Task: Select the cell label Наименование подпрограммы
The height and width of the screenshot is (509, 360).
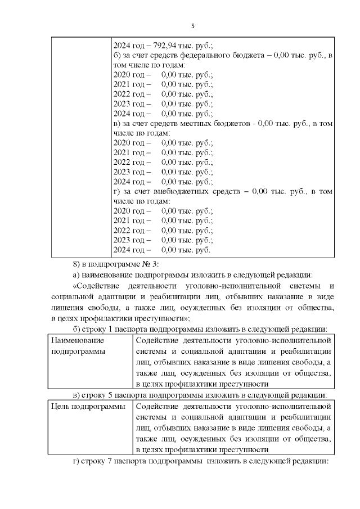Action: (x=79, y=345)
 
